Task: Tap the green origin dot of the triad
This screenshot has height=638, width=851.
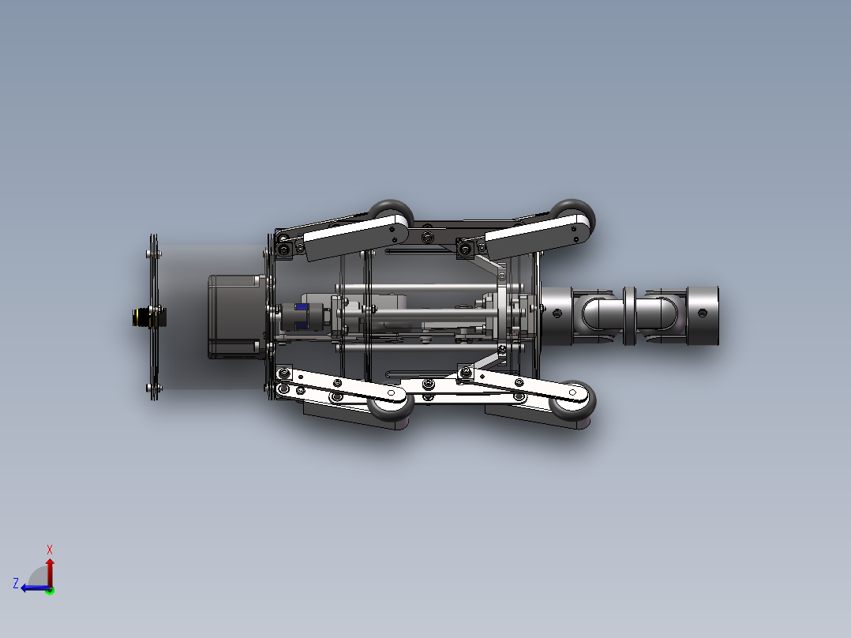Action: (50, 589)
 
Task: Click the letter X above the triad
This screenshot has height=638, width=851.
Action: (50, 550)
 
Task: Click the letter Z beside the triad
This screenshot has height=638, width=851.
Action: (16, 584)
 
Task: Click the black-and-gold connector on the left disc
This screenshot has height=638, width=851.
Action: (145, 317)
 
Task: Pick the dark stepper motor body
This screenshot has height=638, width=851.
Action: (234, 316)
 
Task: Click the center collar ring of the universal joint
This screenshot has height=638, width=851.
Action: (630, 315)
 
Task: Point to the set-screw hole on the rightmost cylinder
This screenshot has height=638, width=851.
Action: (700, 313)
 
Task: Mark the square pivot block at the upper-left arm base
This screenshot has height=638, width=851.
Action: (282, 249)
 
